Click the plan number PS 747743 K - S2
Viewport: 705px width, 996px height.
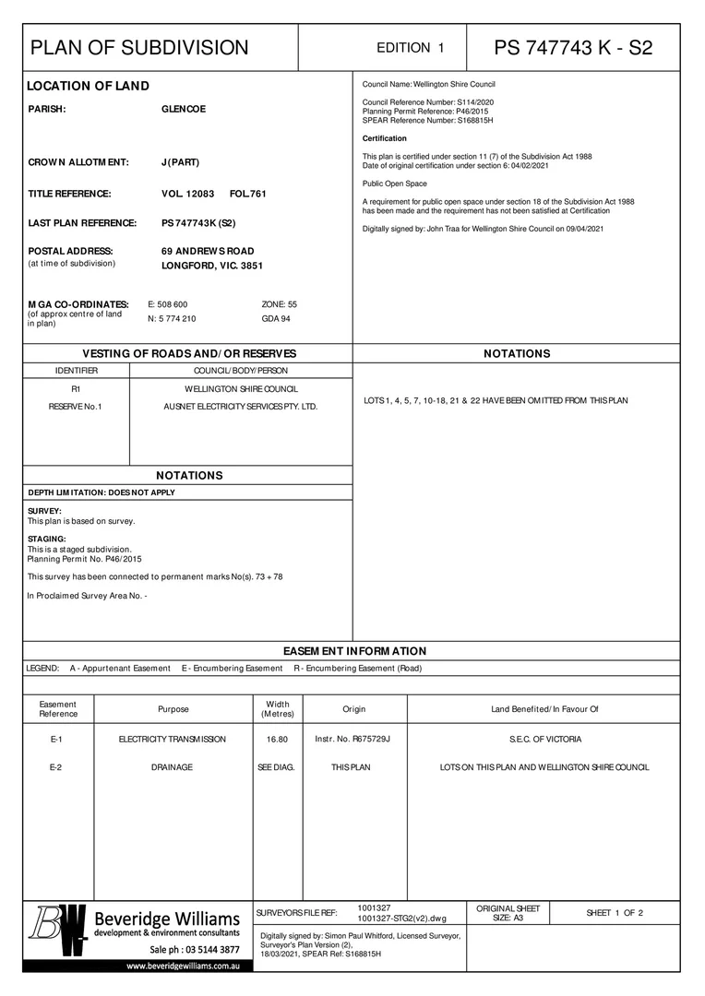coord(573,48)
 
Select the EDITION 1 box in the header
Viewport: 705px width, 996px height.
coord(411,48)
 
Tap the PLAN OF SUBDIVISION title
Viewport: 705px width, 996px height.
coord(139,48)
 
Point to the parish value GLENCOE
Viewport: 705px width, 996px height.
coord(184,109)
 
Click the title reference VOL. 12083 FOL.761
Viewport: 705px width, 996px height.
coord(213,194)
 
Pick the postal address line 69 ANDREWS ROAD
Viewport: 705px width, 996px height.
coord(208,251)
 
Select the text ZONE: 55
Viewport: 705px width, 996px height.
coord(280,303)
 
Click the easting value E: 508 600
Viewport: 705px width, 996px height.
coord(168,303)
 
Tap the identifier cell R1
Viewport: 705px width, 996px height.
coord(76,389)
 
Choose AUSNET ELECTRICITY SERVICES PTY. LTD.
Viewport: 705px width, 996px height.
coord(240,406)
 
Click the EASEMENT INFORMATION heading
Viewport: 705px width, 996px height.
coord(354,651)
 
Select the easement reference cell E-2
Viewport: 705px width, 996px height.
coord(57,767)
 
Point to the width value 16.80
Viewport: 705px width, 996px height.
coord(277,740)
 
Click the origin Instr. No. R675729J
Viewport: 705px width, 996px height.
coord(352,740)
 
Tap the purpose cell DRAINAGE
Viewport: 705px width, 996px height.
coord(173,767)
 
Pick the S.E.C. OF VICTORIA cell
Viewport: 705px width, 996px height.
coord(545,740)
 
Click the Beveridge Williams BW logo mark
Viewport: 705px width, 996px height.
coord(60,931)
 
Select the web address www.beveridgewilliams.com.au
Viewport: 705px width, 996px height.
coord(184,966)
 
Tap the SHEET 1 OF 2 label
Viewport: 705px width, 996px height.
coord(615,913)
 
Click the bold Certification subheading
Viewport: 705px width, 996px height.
coord(385,138)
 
